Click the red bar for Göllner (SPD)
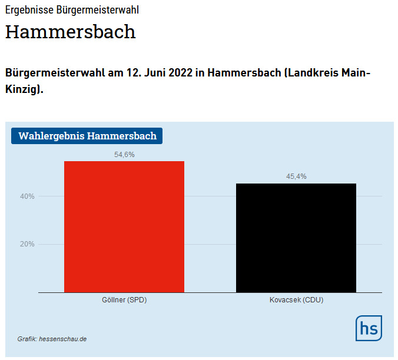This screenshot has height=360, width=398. (x=124, y=226)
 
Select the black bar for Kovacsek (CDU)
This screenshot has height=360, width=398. (x=296, y=238)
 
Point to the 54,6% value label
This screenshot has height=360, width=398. (x=124, y=155)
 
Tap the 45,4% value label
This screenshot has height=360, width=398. (x=296, y=176)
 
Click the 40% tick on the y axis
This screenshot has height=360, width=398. (x=27, y=196)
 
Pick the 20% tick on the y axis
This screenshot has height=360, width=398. (x=27, y=244)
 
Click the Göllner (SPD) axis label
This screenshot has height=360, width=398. (x=124, y=300)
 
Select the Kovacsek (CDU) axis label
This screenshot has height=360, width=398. (x=296, y=300)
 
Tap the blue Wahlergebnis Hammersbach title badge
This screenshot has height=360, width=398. (x=87, y=136)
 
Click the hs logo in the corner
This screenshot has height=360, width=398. (x=369, y=328)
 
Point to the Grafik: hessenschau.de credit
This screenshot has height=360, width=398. (x=52, y=339)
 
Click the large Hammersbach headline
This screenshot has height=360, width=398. (x=70, y=32)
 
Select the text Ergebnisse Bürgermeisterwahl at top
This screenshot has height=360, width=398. (x=72, y=10)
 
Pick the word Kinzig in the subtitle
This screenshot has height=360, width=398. (x=22, y=91)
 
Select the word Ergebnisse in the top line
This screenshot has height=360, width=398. (x=28, y=10)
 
